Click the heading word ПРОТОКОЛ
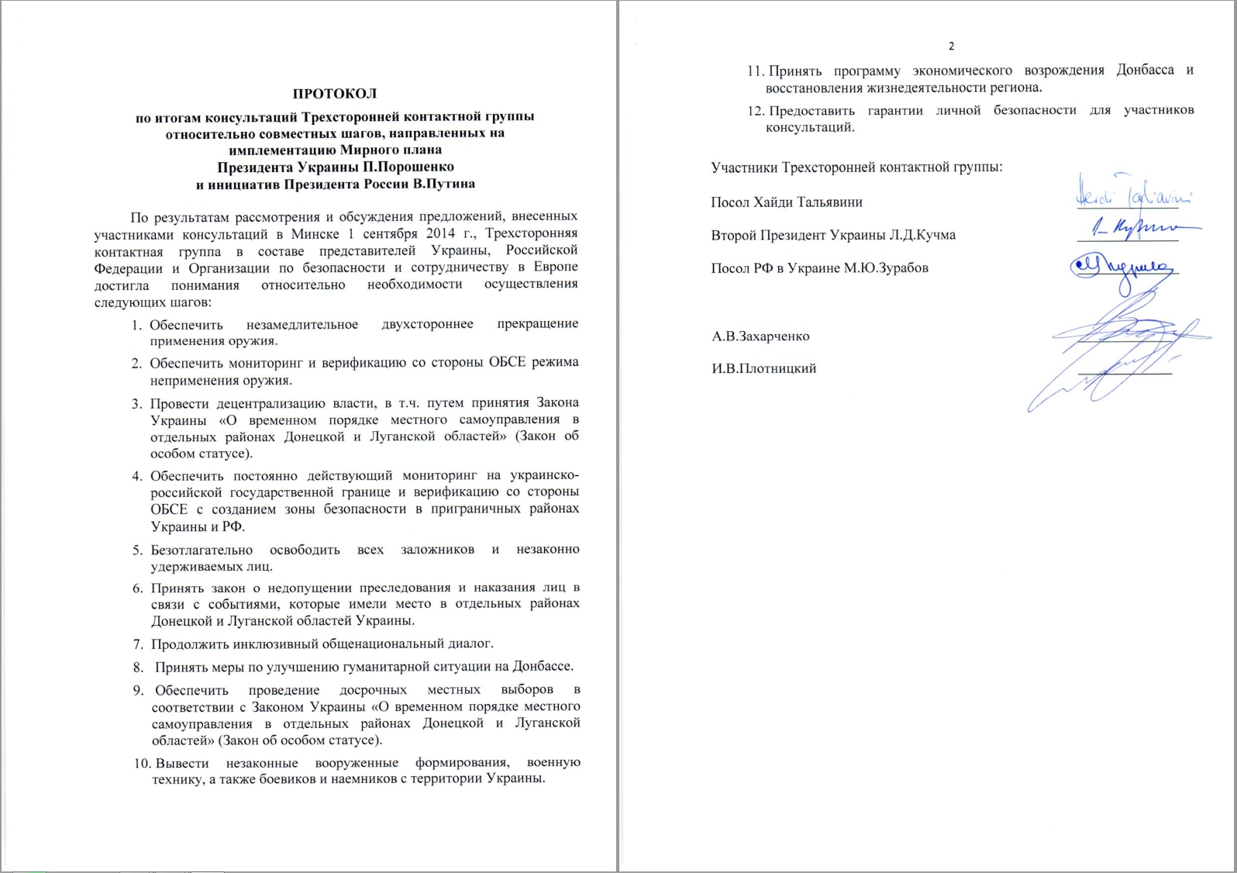point(335,94)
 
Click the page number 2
point(952,47)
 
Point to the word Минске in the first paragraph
point(315,233)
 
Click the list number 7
point(138,644)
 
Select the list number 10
point(143,763)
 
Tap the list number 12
point(756,110)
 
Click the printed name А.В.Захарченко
point(760,336)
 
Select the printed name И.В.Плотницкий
point(763,368)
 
